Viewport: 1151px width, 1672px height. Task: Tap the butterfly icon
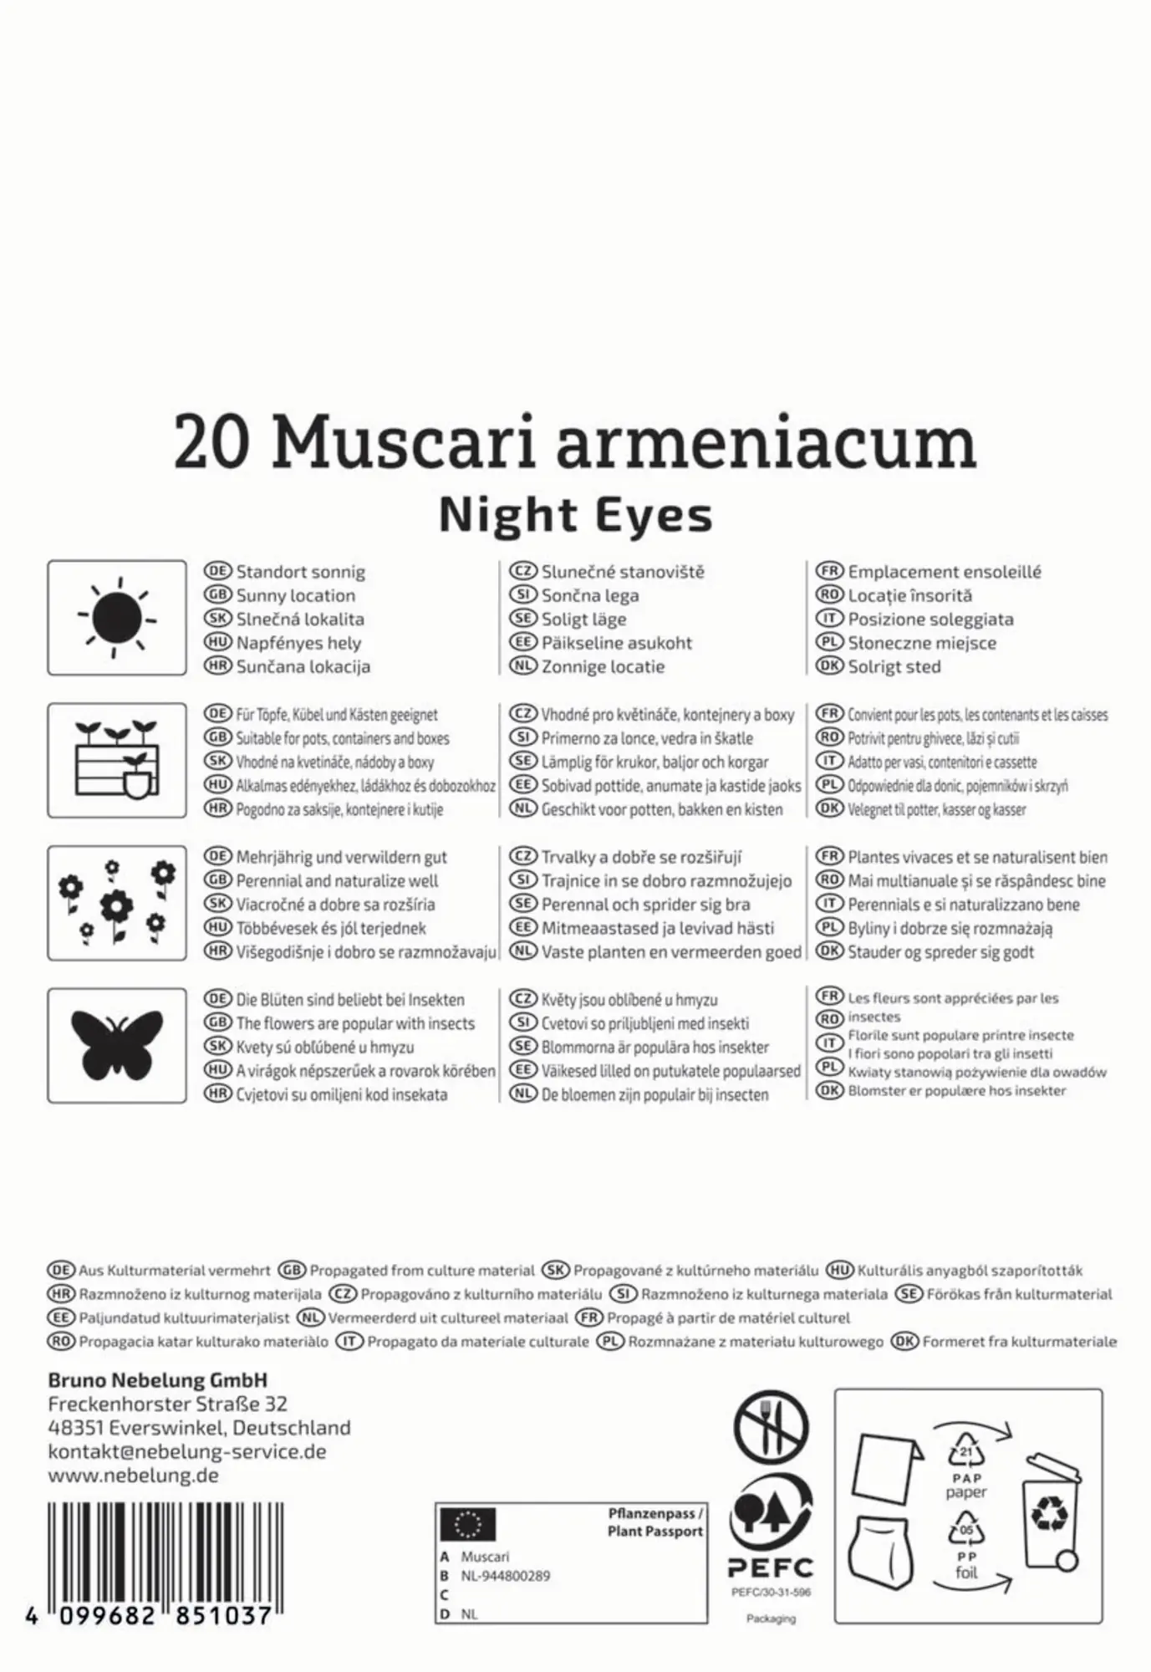[117, 1046]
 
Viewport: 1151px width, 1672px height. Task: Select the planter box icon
[117, 760]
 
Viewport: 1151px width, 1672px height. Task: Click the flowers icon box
[117, 903]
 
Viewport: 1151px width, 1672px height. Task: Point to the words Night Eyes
[575, 515]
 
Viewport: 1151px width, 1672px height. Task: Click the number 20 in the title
[212, 445]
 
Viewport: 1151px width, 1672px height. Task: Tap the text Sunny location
[295, 596]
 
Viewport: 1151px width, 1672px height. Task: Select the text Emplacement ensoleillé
[944, 573]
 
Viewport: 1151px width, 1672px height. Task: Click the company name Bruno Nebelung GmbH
[158, 1380]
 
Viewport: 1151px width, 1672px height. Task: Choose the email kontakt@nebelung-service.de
[187, 1451]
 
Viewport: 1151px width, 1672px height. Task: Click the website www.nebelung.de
[134, 1475]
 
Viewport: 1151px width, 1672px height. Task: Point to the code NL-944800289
[505, 1576]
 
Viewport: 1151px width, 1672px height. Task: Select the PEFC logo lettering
[770, 1568]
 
